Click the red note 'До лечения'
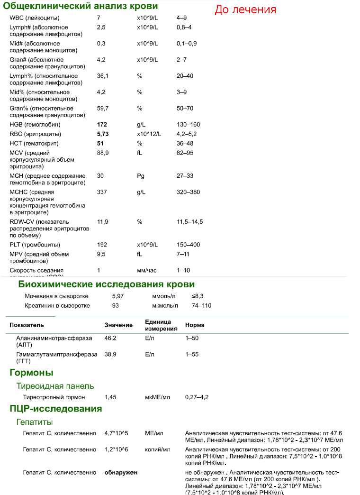coord(245,9)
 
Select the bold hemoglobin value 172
coord(102,125)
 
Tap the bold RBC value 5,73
coord(103,134)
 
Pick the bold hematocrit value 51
coord(100,144)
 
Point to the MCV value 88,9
coord(102,153)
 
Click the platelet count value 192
coord(102,245)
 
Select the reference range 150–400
coord(189,245)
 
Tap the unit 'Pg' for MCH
coord(140,176)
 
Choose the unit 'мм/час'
coord(147,270)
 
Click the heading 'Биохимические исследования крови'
coord(107,284)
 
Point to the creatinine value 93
coord(116,306)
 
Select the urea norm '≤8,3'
coord(191,296)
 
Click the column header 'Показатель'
coord(27,325)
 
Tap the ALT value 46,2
coord(110,339)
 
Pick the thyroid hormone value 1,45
coord(110,397)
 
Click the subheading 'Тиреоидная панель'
coord(55,386)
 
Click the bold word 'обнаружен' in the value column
coord(121,473)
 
